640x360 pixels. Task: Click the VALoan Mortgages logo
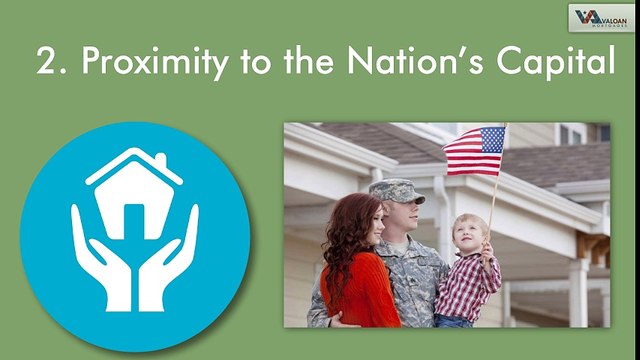click(600, 18)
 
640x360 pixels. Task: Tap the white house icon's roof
click(135, 165)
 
